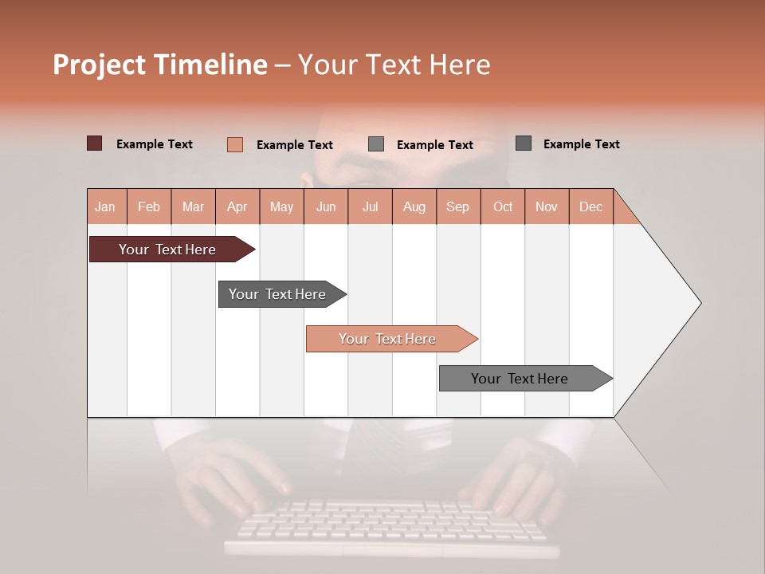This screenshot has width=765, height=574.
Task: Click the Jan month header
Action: point(105,206)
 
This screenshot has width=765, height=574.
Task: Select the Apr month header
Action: point(237,206)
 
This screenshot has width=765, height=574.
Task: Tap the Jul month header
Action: point(370,206)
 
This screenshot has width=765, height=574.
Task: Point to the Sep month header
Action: point(457,206)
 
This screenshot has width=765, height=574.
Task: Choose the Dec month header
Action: point(590,206)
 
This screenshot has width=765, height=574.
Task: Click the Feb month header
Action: point(149,206)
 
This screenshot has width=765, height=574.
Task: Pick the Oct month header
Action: point(503,206)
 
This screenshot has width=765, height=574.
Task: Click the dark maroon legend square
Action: point(94,143)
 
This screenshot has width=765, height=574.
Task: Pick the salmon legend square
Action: point(234,144)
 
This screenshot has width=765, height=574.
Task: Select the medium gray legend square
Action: point(376,144)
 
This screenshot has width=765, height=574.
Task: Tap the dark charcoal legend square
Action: point(524,143)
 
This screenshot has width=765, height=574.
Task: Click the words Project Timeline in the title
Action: point(160,65)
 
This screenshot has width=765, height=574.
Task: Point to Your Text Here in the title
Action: point(394,65)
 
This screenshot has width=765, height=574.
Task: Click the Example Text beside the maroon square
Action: point(155,144)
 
